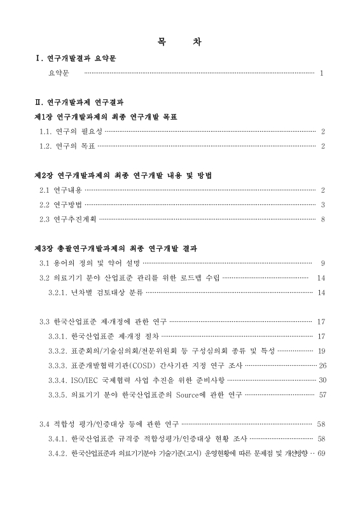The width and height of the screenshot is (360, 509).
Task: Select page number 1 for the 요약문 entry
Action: (x=322, y=73)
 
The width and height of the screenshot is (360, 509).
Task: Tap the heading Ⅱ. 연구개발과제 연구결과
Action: (x=80, y=102)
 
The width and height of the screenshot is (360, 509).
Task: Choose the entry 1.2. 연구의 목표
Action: (x=67, y=146)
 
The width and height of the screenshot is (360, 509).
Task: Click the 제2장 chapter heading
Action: (x=122, y=175)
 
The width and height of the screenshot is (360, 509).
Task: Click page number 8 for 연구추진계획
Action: (x=323, y=220)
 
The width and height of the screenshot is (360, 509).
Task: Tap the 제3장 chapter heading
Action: (x=116, y=248)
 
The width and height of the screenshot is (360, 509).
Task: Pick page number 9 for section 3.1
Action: (x=323, y=263)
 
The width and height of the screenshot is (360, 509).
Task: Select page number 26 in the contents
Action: (x=322, y=365)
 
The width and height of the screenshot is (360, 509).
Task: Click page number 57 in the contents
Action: (x=322, y=394)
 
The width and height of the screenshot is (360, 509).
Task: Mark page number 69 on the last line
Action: (x=321, y=453)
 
